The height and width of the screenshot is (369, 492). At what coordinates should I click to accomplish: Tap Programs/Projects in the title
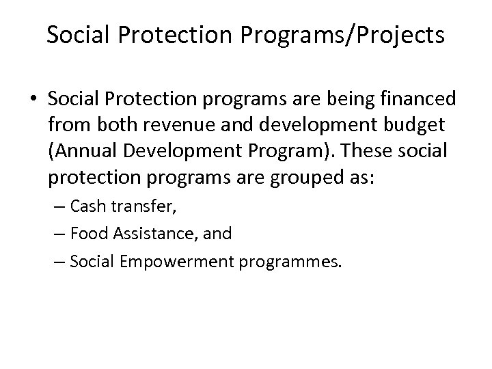(x=348, y=35)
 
